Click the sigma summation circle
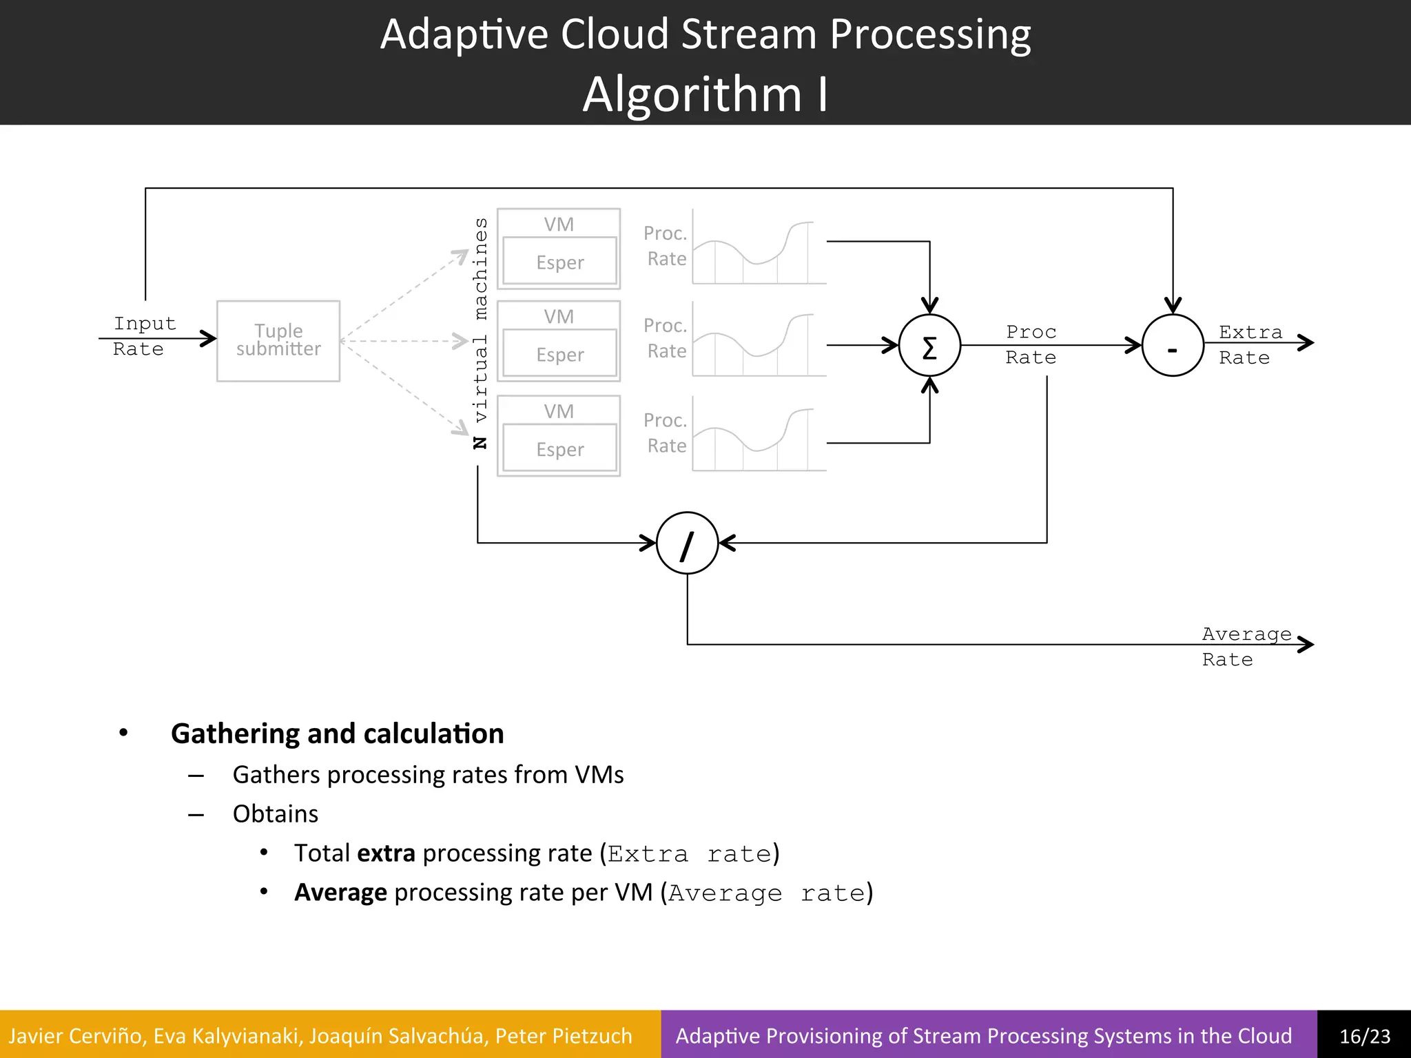click(929, 345)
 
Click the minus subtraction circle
click(1173, 345)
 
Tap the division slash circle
click(687, 543)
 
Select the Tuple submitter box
click(278, 340)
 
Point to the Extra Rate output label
click(1249, 344)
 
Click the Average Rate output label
click(1246, 646)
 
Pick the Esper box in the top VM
click(559, 262)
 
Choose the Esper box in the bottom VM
click(559, 449)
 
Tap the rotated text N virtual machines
click(480, 333)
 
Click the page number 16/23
click(1364, 1035)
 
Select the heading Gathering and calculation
click(337, 733)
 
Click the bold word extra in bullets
click(386, 853)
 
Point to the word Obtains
click(275, 813)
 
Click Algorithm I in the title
click(705, 94)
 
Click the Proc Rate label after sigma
click(1031, 344)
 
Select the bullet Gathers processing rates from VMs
click(428, 774)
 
